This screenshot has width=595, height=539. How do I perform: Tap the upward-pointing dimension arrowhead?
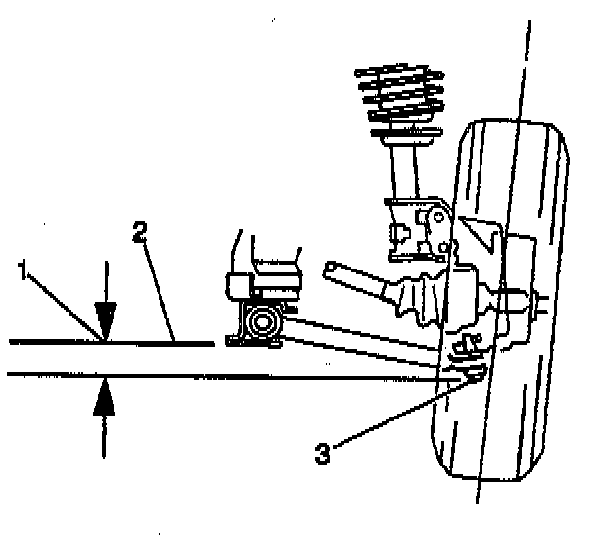click(105, 396)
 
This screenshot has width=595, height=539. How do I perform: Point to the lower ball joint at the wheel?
click(468, 370)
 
